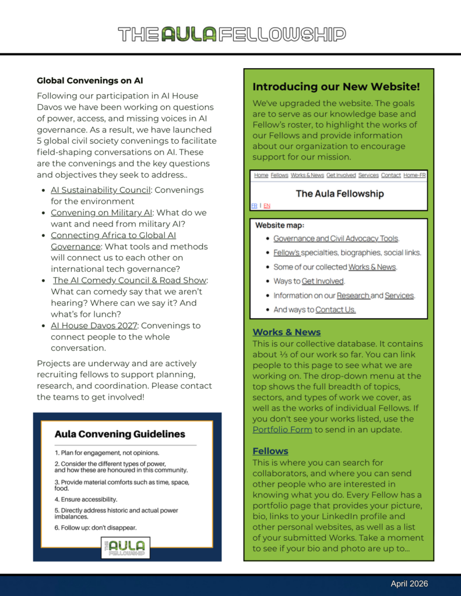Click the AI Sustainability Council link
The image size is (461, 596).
(x=100, y=190)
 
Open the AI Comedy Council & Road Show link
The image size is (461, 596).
(x=129, y=281)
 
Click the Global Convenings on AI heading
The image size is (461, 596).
(x=90, y=81)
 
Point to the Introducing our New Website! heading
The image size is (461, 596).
(x=336, y=87)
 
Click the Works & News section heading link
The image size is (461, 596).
(x=286, y=332)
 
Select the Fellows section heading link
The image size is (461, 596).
(x=270, y=451)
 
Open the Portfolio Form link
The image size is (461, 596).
(x=282, y=430)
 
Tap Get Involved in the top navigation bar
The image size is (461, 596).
(x=341, y=175)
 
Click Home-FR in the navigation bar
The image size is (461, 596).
(x=414, y=175)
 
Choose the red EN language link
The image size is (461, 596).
(x=267, y=205)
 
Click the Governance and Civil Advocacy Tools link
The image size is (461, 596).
(x=336, y=239)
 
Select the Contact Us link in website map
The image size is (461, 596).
(x=335, y=310)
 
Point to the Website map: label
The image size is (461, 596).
(x=280, y=225)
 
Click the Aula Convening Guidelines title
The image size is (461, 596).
(x=119, y=434)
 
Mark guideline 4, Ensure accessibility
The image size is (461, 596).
(x=86, y=499)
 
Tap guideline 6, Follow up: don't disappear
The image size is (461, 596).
(x=96, y=528)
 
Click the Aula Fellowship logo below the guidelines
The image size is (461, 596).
(x=125, y=548)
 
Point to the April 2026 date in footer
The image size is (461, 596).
(x=409, y=584)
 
